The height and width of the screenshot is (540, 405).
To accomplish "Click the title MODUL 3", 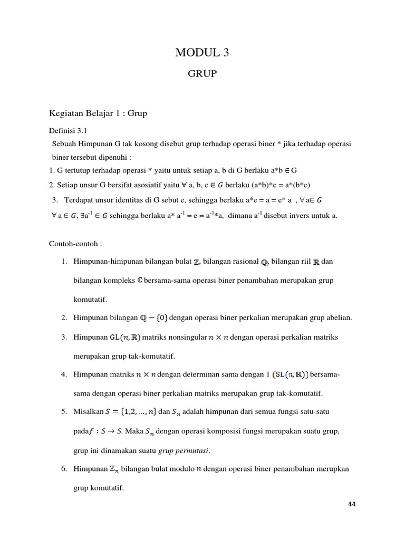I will point(202,53).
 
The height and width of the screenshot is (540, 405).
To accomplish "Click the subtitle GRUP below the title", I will point(202,74).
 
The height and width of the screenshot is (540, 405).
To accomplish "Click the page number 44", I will point(352,504).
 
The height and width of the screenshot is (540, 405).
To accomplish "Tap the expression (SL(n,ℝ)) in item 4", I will point(291,375).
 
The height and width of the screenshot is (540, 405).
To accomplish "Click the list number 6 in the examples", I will point(63,469).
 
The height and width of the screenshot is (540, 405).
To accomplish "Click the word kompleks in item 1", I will point(116,280).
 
